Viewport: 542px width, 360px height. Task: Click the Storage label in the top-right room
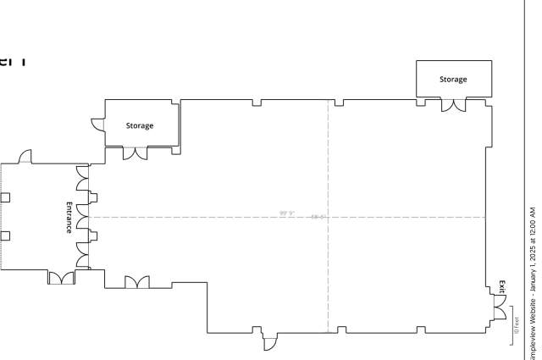pos(453,80)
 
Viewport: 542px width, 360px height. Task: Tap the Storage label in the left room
pos(140,125)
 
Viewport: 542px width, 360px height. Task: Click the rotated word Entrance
pos(69,218)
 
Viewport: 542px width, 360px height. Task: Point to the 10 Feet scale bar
pos(515,326)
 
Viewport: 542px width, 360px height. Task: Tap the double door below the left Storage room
pos(135,152)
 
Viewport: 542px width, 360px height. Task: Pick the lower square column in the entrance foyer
pos(5,235)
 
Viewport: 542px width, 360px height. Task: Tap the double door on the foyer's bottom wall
pos(61,277)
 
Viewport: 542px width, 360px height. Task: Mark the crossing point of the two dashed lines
pos(328,217)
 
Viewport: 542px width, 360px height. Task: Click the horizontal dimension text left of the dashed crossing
pos(286,213)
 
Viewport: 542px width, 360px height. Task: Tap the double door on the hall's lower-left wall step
pos(136,282)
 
